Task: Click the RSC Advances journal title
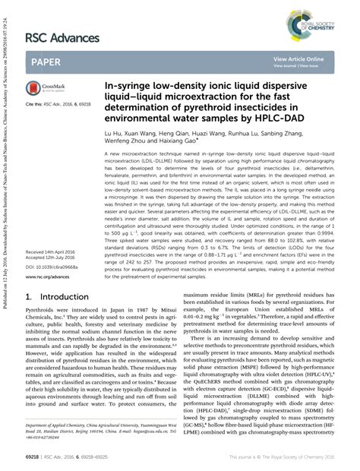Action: pos(62,37)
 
